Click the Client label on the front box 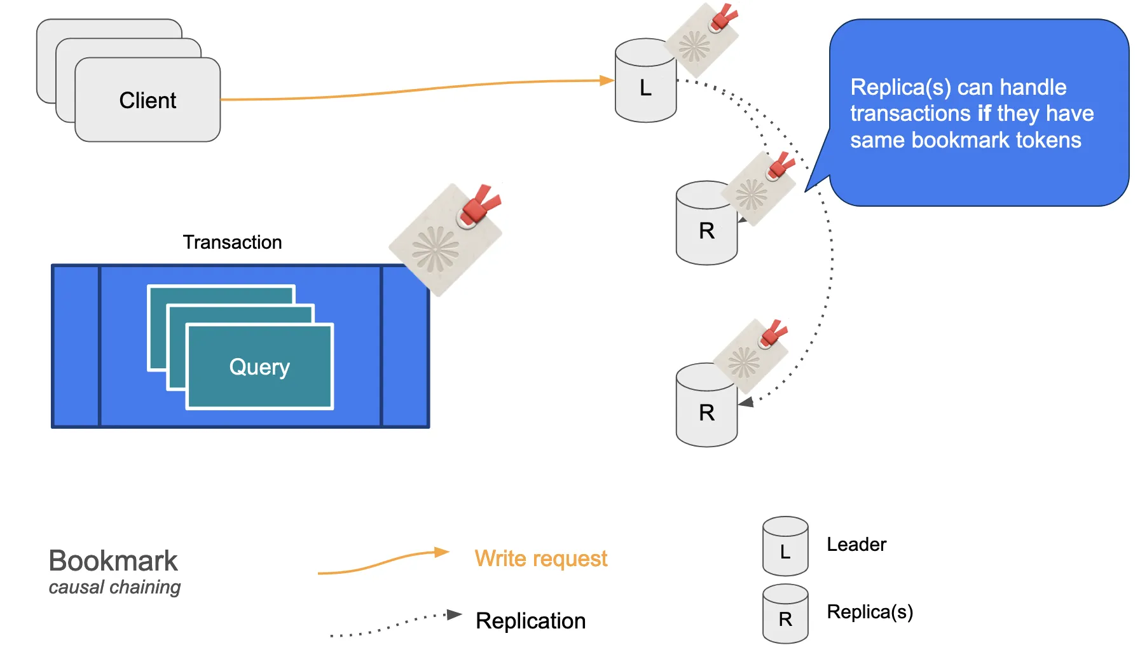[148, 101]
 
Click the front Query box [259, 366]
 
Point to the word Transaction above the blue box [232, 242]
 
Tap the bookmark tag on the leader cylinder [701, 39]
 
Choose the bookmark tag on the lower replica [750, 356]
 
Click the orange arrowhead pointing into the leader [607, 81]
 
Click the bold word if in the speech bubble [984, 113]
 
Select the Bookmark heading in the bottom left [113, 561]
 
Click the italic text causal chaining [114, 587]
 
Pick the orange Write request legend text [540, 558]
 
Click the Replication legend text [530, 621]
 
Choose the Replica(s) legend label [869, 612]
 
